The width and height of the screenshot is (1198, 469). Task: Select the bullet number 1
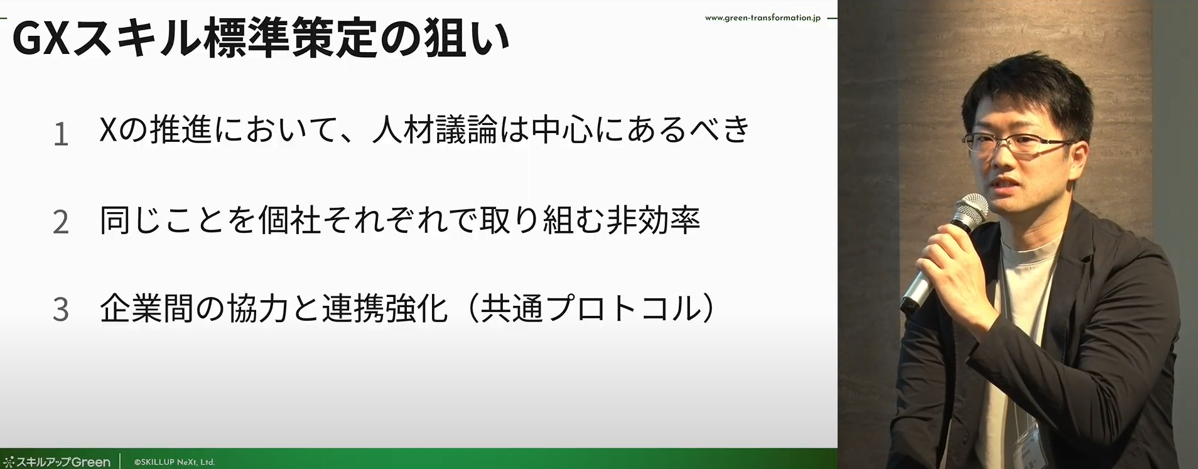coord(61,134)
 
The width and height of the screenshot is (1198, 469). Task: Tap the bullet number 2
coord(61,222)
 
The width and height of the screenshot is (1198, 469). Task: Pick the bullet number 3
coord(61,310)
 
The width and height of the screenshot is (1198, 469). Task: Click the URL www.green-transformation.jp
coord(762,18)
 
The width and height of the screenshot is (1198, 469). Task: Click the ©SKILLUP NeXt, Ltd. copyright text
coord(174,462)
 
